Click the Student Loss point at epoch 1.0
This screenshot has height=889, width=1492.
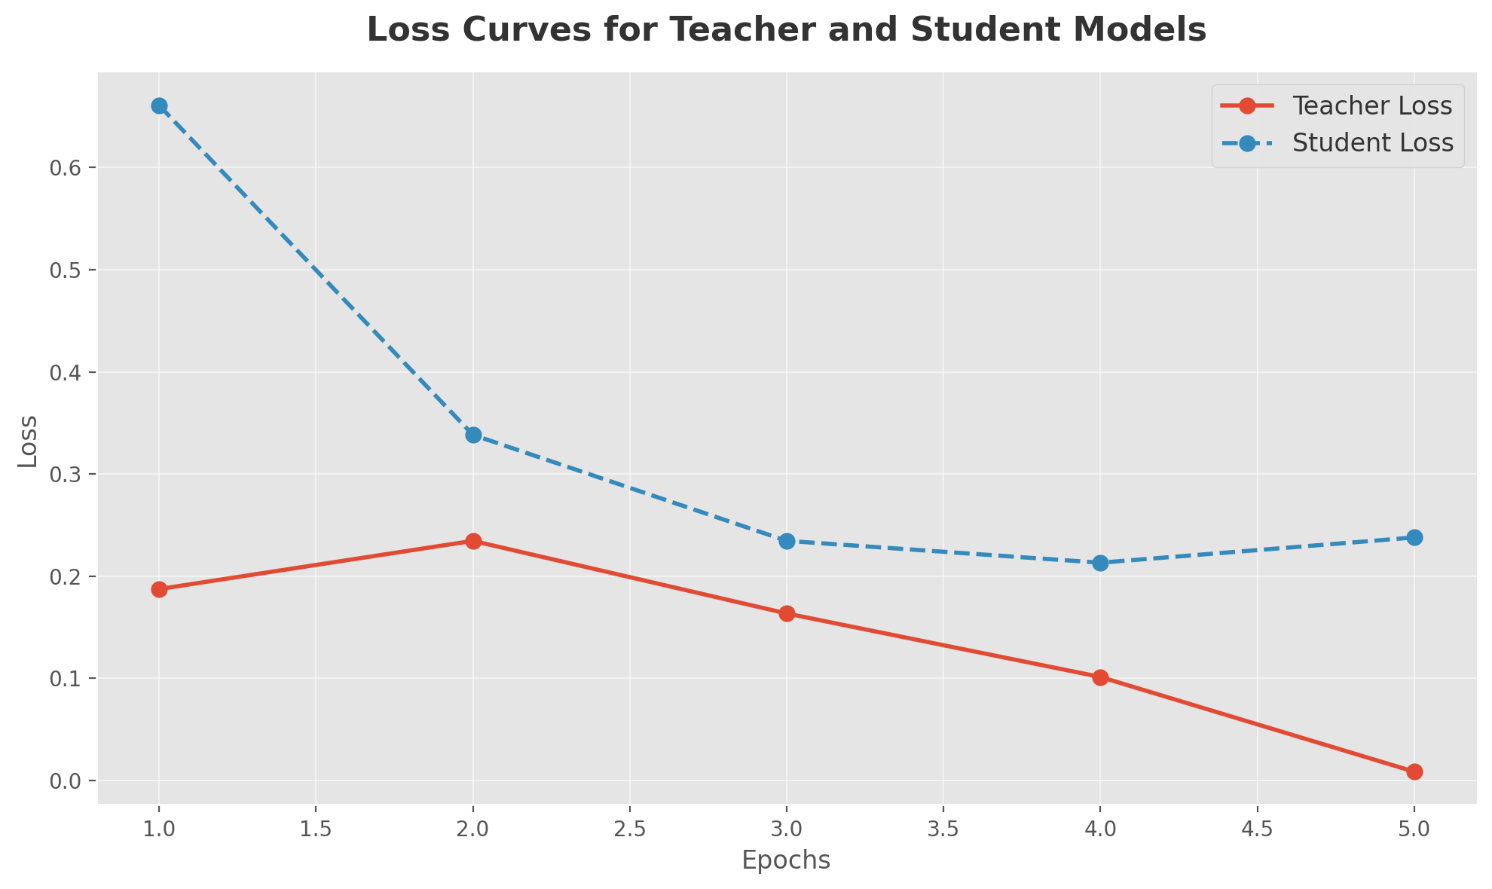pyautogui.click(x=159, y=105)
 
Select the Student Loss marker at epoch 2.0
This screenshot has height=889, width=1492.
pyautogui.click(x=473, y=435)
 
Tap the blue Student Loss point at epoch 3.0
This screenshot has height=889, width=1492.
pyautogui.click(x=787, y=541)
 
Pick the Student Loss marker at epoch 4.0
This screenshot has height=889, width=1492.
pyautogui.click(x=1100, y=563)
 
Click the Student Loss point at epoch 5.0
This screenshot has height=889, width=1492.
pyautogui.click(x=1414, y=537)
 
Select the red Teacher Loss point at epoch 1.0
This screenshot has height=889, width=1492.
pyautogui.click(x=159, y=589)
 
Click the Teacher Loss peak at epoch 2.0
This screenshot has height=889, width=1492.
pyautogui.click(x=473, y=541)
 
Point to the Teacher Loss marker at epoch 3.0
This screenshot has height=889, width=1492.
pyautogui.click(x=787, y=613)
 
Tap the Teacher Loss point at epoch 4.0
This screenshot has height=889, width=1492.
pyautogui.click(x=1100, y=677)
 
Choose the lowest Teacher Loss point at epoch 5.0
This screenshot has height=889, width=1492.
pyautogui.click(x=1414, y=771)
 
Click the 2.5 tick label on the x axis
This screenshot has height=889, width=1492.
pyautogui.click(x=630, y=830)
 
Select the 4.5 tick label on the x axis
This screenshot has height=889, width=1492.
pyautogui.click(x=1257, y=830)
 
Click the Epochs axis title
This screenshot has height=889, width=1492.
pyautogui.click(x=786, y=860)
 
